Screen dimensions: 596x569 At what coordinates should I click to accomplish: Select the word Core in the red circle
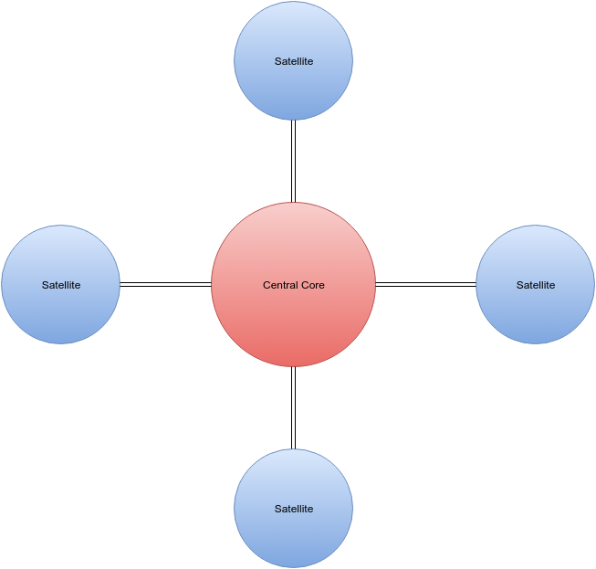(313, 285)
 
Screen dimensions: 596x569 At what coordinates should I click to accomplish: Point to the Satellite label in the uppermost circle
(293, 61)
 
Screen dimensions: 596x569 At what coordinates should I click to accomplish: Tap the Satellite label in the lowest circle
(293, 509)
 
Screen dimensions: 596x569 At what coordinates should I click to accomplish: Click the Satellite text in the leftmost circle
(60, 285)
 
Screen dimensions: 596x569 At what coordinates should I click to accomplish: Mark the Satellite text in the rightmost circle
(535, 285)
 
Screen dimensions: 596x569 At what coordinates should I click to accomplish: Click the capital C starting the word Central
(267, 285)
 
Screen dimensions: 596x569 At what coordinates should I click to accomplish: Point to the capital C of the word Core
(305, 285)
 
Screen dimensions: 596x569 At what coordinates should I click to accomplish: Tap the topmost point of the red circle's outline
(293, 203)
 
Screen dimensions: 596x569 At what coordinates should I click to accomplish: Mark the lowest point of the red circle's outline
(293, 366)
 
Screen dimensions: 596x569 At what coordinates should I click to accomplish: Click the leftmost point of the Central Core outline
(212, 285)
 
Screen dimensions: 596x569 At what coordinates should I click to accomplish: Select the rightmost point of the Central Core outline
(375, 285)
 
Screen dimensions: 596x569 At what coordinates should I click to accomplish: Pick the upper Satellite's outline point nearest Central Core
(293, 120)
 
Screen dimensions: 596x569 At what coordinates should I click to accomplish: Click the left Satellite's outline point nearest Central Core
(120, 285)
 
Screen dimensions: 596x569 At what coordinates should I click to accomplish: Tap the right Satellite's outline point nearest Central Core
(476, 285)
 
